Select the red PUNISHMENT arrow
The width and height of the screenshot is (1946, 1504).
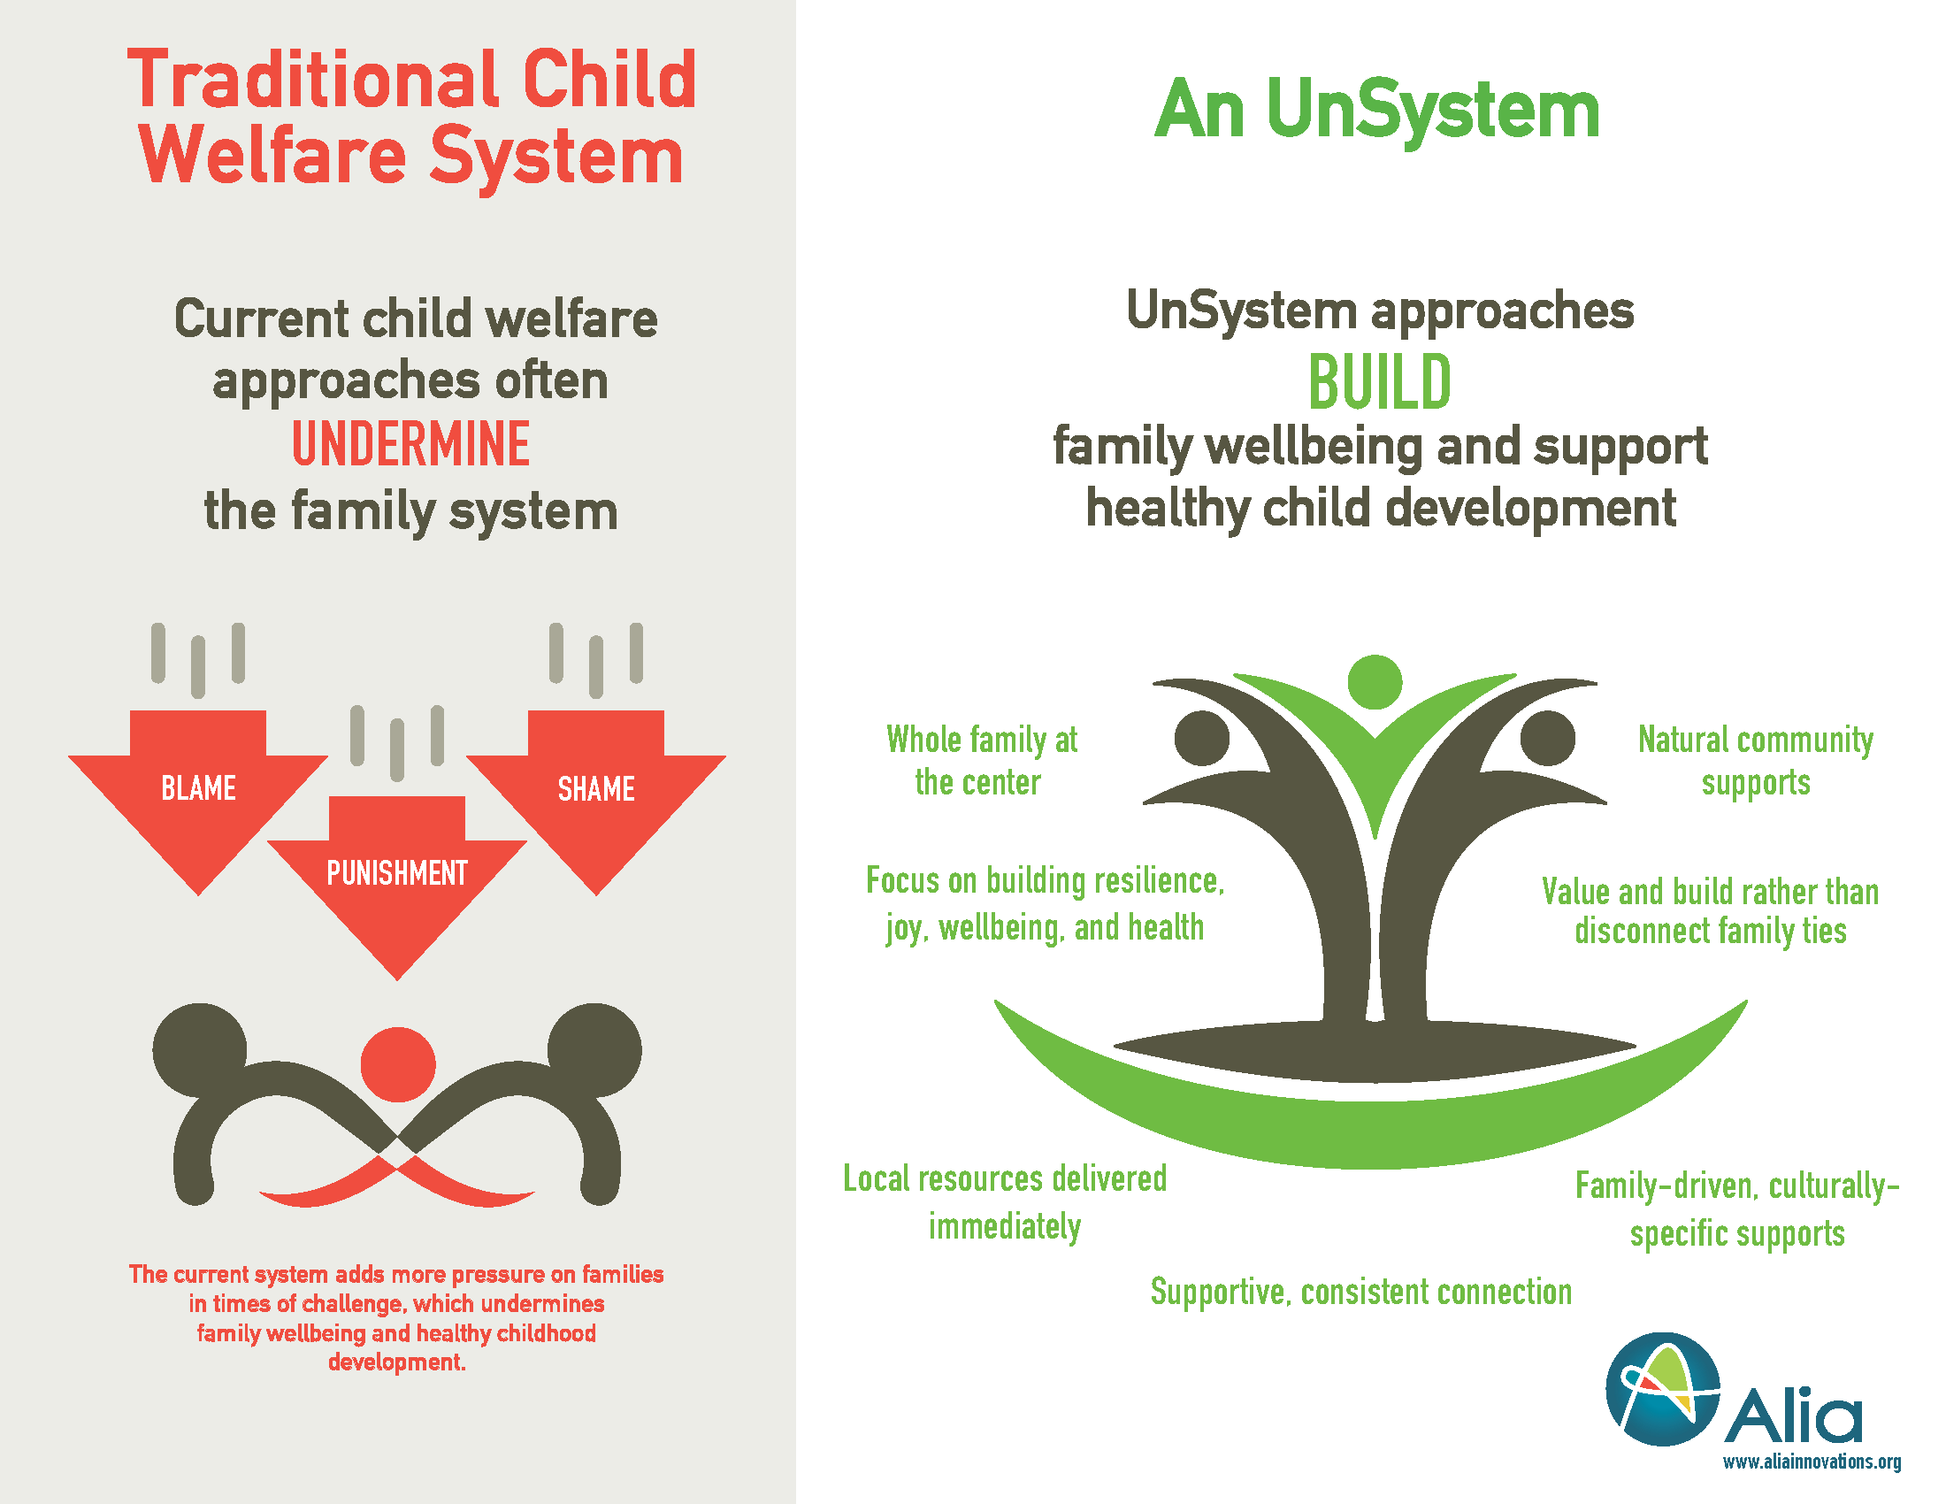point(397,878)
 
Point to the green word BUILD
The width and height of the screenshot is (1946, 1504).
point(1379,382)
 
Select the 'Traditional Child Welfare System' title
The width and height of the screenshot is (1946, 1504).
point(411,118)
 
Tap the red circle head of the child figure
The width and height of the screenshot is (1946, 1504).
point(398,1063)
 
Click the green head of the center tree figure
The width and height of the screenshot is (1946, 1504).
point(1375,681)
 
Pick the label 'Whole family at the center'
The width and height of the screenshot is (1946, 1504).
point(981,761)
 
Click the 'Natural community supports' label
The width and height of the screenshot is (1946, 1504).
point(1755,761)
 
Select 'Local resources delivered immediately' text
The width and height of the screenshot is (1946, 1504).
point(1005,1202)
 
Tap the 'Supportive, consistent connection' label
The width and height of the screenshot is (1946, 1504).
point(1360,1292)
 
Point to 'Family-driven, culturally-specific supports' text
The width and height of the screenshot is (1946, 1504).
point(1737,1209)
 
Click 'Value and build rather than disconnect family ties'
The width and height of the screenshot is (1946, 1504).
point(1710,910)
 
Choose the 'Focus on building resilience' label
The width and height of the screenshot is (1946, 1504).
point(1046,903)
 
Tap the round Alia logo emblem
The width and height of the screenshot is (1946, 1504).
point(1663,1389)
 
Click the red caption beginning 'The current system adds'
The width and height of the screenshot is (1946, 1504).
point(396,1318)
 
